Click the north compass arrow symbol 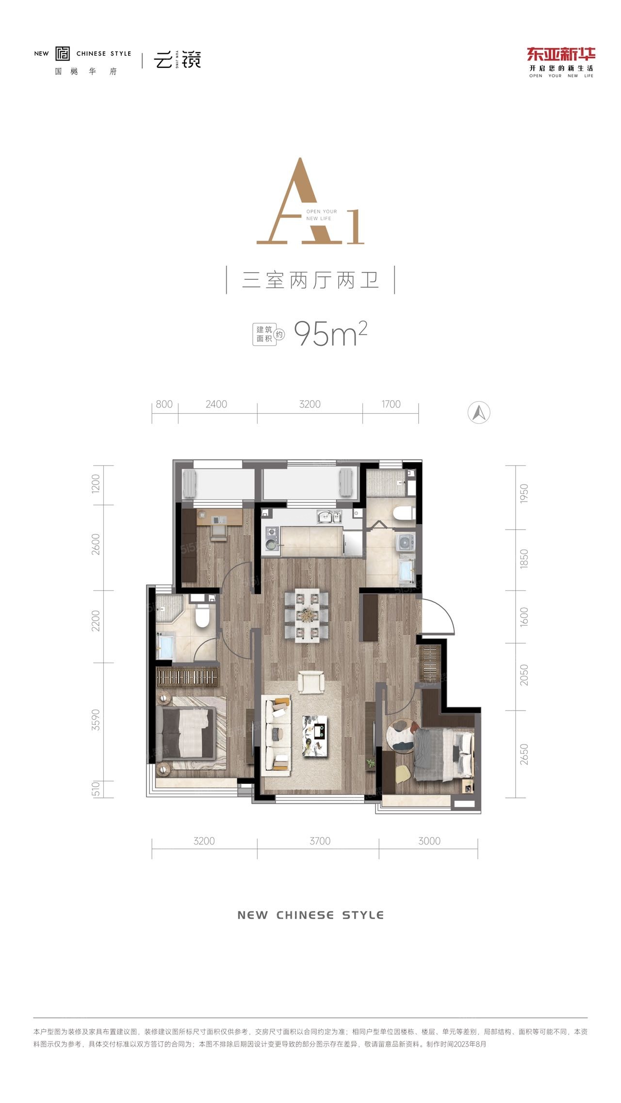(479, 413)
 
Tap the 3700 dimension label (320, 841)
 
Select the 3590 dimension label (96, 720)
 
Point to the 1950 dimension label (524, 494)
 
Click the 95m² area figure (330, 333)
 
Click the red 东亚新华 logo (561, 54)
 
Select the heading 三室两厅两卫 (310, 280)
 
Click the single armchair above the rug (310, 681)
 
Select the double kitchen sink (329, 517)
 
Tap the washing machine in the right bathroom (405, 543)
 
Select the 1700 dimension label (391, 404)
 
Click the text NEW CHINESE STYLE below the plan (310, 915)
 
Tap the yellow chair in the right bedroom (403, 774)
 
